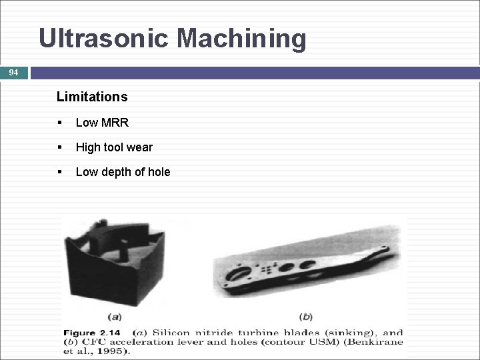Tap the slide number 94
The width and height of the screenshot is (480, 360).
click(x=14, y=72)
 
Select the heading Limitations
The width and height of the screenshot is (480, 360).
click(x=92, y=97)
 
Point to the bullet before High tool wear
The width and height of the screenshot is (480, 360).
click(x=60, y=147)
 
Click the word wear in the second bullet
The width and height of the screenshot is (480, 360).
click(x=139, y=147)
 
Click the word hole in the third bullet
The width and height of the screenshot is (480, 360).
click(x=157, y=172)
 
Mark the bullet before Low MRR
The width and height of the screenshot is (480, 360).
click(x=60, y=123)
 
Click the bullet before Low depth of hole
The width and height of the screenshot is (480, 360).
click(x=60, y=172)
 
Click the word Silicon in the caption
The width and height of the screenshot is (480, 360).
click(x=171, y=332)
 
